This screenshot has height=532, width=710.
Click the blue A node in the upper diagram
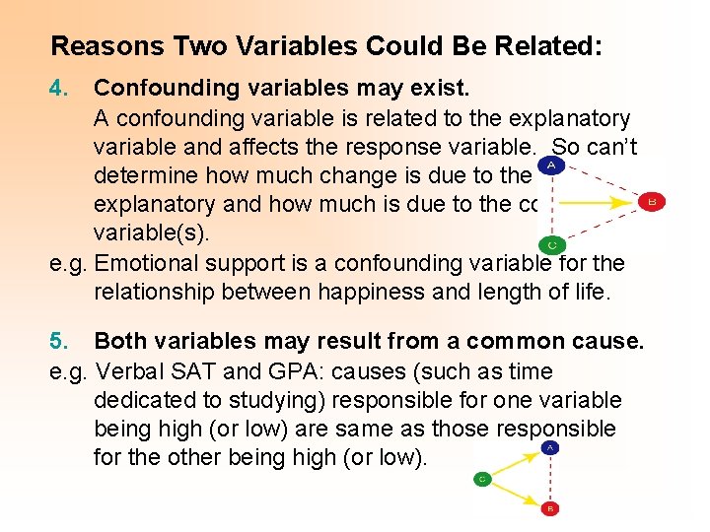pos(549,166)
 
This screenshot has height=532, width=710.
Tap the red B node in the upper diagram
pos(649,201)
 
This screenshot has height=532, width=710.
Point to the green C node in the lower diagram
pos(483,479)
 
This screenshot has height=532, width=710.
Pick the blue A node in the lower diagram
pos(550,446)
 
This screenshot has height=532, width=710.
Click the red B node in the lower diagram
pos(550,509)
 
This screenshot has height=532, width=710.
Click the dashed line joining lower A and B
pos(550,478)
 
